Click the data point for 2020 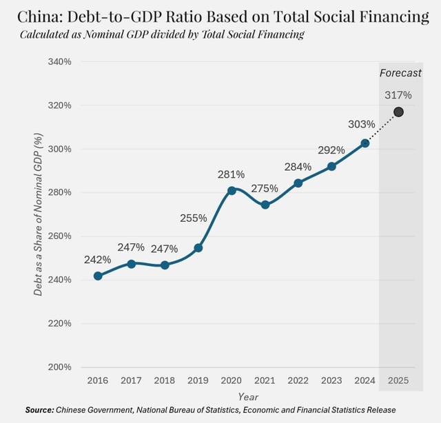coord(232,190)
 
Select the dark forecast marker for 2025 coord(398,112)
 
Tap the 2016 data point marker coord(98,276)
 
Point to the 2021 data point coord(265,205)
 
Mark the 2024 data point coord(365,143)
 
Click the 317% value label coord(398,95)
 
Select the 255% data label coord(194,218)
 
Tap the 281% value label coord(232,174)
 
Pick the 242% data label coord(98,260)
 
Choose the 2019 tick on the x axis coord(198,380)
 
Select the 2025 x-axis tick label coord(398,380)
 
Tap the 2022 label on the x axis coord(298,380)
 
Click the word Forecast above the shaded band coord(400,73)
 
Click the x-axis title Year coord(248,397)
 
